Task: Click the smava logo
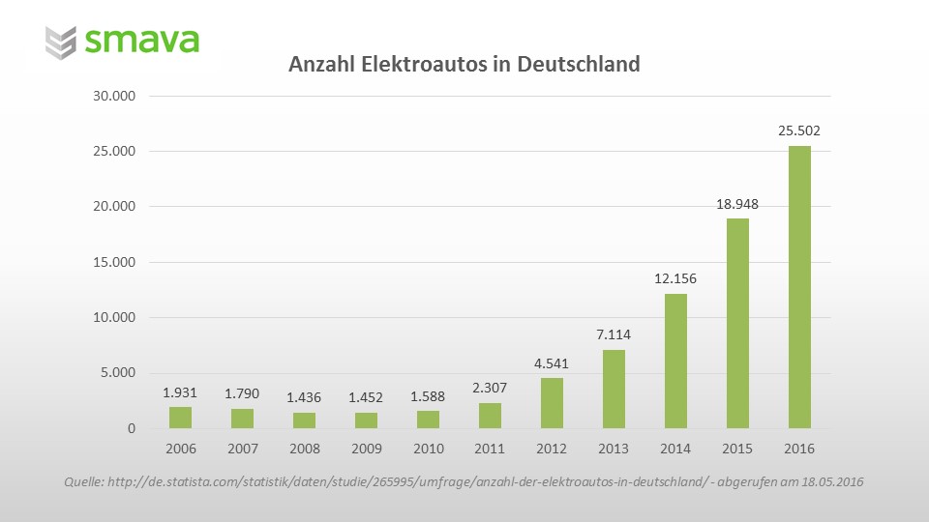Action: coord(123,41)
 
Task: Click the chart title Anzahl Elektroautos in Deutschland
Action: coord(464,65)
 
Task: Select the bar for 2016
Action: coord(799,287)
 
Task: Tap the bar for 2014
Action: coord(675,361)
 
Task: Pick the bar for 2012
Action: coord(552,403)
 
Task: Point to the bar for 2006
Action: coord(181,418)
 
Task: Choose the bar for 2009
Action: coord(367,420)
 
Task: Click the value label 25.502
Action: coord(799,130)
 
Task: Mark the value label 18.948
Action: coord(737,203)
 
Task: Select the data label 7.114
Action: coord(614,334)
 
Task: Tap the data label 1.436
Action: coord(305,397)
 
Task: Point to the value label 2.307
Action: coord(490,388)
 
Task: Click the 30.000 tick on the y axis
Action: coord(113,96)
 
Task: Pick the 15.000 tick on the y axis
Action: coord(113,262)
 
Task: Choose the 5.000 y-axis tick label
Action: coord(117,373)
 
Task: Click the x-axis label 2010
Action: coord(429,449)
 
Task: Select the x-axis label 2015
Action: coord(737,449)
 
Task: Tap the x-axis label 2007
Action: coord(243,449)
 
